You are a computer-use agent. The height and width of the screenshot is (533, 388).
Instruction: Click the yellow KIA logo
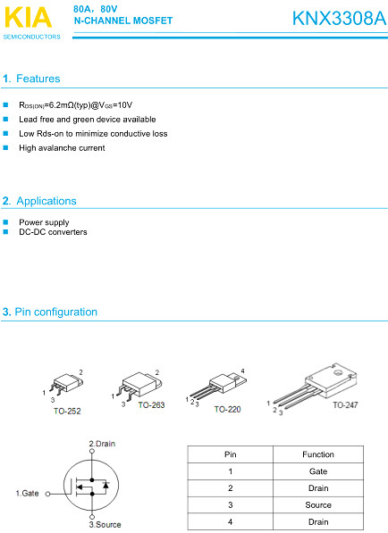point(29,17)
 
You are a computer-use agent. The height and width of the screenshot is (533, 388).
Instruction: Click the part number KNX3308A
point(340,18)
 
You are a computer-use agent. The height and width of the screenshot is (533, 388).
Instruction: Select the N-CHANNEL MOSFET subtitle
point(123,21)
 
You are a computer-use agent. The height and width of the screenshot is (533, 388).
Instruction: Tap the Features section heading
point(31,79)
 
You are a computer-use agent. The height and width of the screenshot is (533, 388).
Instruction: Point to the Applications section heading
point(39,201)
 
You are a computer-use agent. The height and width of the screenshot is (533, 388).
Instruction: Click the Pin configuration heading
point(50,312)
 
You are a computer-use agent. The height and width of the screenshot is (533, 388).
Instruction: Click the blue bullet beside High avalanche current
point(5,148)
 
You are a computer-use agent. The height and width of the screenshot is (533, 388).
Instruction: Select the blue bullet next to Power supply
point(5,222)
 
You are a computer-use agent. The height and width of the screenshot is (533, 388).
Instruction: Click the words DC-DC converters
point(53,232)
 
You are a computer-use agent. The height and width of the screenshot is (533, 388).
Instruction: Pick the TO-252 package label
point(67,411)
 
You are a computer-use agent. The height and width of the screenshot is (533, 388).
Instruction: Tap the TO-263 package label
point(151,404)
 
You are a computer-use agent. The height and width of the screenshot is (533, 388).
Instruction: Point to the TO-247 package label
point(345,404)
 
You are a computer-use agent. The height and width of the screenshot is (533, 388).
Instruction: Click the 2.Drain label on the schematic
point(102,444)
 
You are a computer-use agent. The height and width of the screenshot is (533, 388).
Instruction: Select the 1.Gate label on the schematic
point(27,493)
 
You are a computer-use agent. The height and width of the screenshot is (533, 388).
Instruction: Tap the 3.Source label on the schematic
point(105,524)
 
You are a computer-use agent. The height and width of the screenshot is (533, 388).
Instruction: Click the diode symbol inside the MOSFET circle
point(105,485)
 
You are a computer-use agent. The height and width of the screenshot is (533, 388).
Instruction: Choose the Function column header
point(318,454)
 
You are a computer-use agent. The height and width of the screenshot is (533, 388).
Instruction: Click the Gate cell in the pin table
point(318,471)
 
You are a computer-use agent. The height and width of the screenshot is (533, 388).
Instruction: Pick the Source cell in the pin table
point(318,504)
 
